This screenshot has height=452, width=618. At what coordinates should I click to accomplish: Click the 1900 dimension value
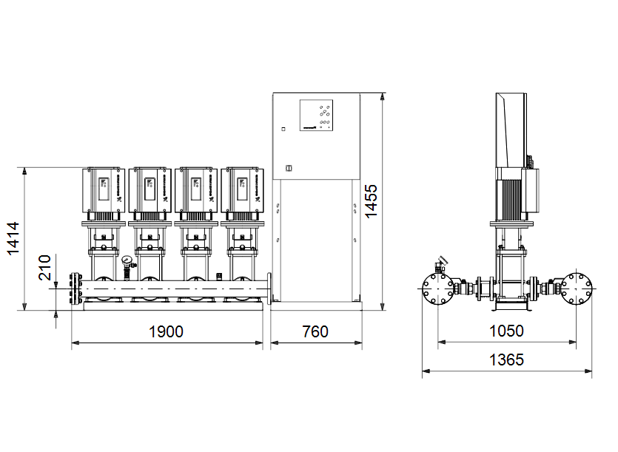[x=166, y=332]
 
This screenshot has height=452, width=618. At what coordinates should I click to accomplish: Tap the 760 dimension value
[x=315, y=332]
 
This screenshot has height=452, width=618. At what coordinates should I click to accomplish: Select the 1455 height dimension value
[x=371, y=201]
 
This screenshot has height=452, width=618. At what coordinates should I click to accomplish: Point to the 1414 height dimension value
[x=13, y=238]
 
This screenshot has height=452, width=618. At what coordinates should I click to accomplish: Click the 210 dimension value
[x=44, y=268]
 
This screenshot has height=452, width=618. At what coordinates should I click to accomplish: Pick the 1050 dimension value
[x=506, y=331]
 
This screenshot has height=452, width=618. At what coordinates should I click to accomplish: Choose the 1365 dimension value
[x=506, y=360]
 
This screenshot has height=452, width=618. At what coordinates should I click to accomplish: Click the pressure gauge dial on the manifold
[x=127, y=260]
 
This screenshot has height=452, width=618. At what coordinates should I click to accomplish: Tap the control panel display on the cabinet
[x=316, y=115]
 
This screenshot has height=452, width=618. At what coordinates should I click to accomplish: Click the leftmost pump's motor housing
[x=104, y=190]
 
